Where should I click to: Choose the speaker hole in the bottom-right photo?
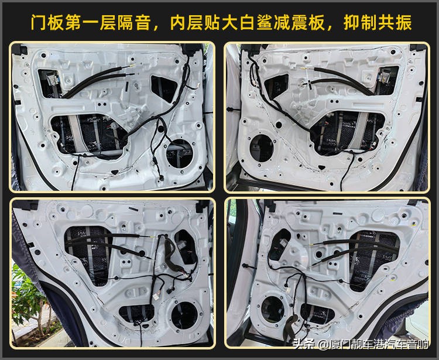click(272, 308)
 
